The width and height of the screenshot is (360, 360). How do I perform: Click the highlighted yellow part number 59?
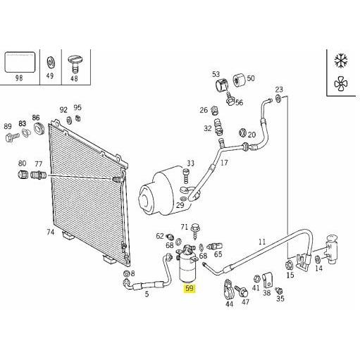pos(188,289)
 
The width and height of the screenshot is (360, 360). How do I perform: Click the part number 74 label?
pos(50,232)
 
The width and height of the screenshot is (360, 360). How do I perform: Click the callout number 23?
pos(279,89)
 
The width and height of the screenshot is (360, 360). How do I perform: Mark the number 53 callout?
pos(216,74)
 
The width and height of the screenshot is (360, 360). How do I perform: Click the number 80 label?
pos(22,163)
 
